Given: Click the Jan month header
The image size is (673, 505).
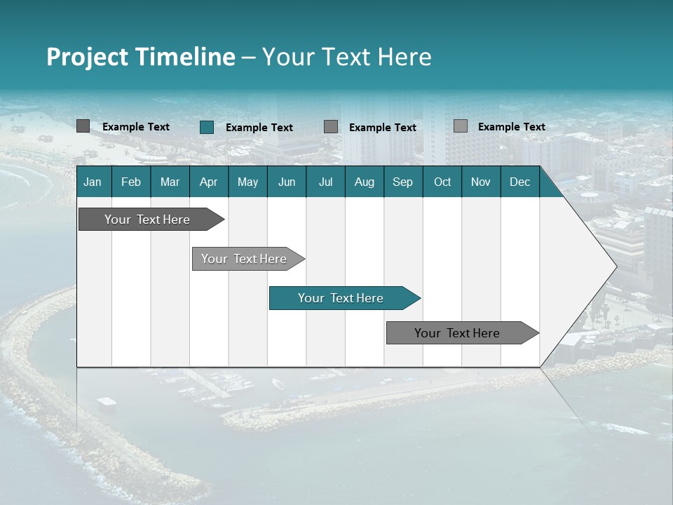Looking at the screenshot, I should point(93,182).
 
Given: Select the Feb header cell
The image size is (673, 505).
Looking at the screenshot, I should point(131,182).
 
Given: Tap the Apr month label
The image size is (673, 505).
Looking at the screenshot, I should point(208,182).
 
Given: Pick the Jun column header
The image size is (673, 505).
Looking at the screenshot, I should point(287,182).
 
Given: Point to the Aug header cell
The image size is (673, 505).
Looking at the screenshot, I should point(364,182).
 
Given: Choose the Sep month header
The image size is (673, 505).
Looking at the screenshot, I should point(402,182).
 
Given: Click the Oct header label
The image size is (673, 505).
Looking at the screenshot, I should point(442,182).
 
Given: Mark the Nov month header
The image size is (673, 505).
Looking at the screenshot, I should point(481,182).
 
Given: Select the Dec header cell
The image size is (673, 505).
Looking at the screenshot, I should point(519,182).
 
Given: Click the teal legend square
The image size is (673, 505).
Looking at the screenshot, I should point(207,127).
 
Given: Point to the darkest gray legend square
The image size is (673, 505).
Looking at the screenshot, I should point(83,126).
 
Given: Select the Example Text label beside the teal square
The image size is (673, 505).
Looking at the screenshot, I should point(259,128).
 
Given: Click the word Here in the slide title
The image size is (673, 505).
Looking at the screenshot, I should point(405,57).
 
